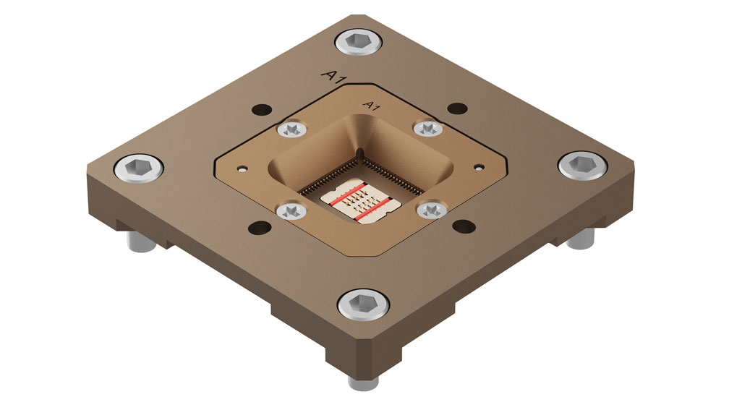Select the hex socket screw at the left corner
[x=137, y=168]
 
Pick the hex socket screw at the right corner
[x=582, y=165]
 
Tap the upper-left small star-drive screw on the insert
[x=291, y=131]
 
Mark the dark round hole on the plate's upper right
[x=456, y=109]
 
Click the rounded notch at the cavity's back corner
[x=359, y=153]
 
